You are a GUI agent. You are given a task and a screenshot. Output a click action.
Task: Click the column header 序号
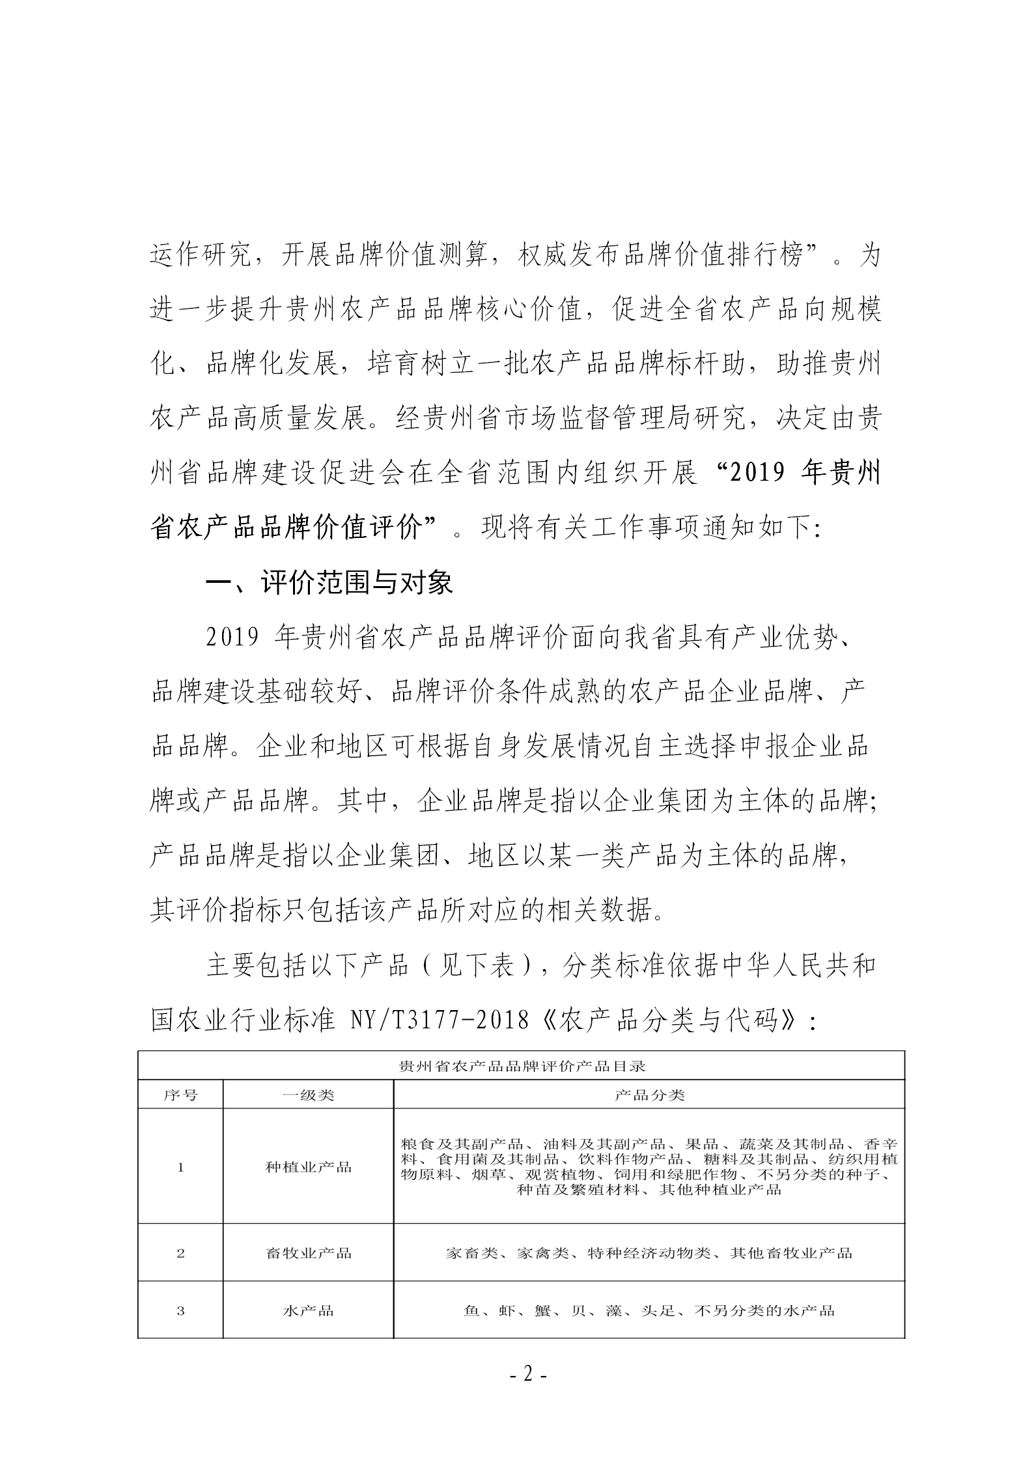(180, 1095)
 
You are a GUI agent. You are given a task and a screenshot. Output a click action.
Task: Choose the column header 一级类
(308, 1095)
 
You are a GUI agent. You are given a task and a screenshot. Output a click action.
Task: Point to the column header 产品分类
(649, 1095)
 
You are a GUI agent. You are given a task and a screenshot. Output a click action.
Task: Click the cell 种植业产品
(308, 1167)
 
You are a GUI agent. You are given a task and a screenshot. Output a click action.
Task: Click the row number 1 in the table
(180, 1167)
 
